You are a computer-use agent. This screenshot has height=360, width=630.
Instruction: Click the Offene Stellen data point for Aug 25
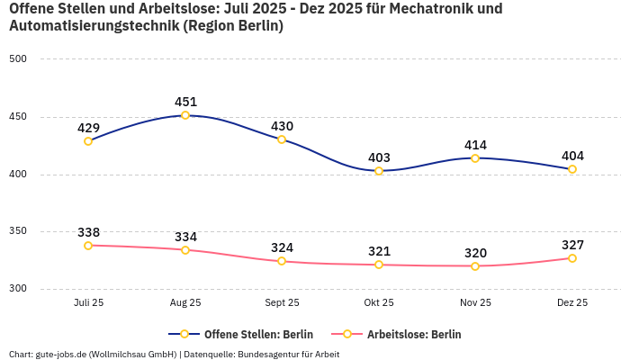(185, 115)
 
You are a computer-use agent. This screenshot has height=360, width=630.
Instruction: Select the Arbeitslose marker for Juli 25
(88, 246)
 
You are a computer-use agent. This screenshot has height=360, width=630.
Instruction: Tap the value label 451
(185, 102)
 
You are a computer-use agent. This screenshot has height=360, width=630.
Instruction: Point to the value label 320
(475, 253)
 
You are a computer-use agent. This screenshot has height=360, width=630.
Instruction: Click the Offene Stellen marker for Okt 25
(379, 171)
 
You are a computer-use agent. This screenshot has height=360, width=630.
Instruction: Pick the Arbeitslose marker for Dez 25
(571, 258)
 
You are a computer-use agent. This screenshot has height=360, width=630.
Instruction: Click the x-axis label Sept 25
(282, 303)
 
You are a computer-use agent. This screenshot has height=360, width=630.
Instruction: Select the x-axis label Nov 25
(475, 303)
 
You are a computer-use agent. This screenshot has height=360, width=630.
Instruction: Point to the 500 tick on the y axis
(18, 59)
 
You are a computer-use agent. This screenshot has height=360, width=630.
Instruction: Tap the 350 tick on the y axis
(18, 232)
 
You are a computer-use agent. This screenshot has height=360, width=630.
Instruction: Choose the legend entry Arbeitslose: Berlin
(413, 334)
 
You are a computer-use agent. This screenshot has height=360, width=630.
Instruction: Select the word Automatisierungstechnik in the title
(93, 26)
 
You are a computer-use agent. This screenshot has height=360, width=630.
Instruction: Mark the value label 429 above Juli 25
(88, 128)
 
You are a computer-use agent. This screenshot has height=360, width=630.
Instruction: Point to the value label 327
(572, 245)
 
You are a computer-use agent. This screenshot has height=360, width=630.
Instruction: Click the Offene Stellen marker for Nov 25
(475, 158)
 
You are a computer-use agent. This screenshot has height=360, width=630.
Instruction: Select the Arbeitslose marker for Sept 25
(282, 261)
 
